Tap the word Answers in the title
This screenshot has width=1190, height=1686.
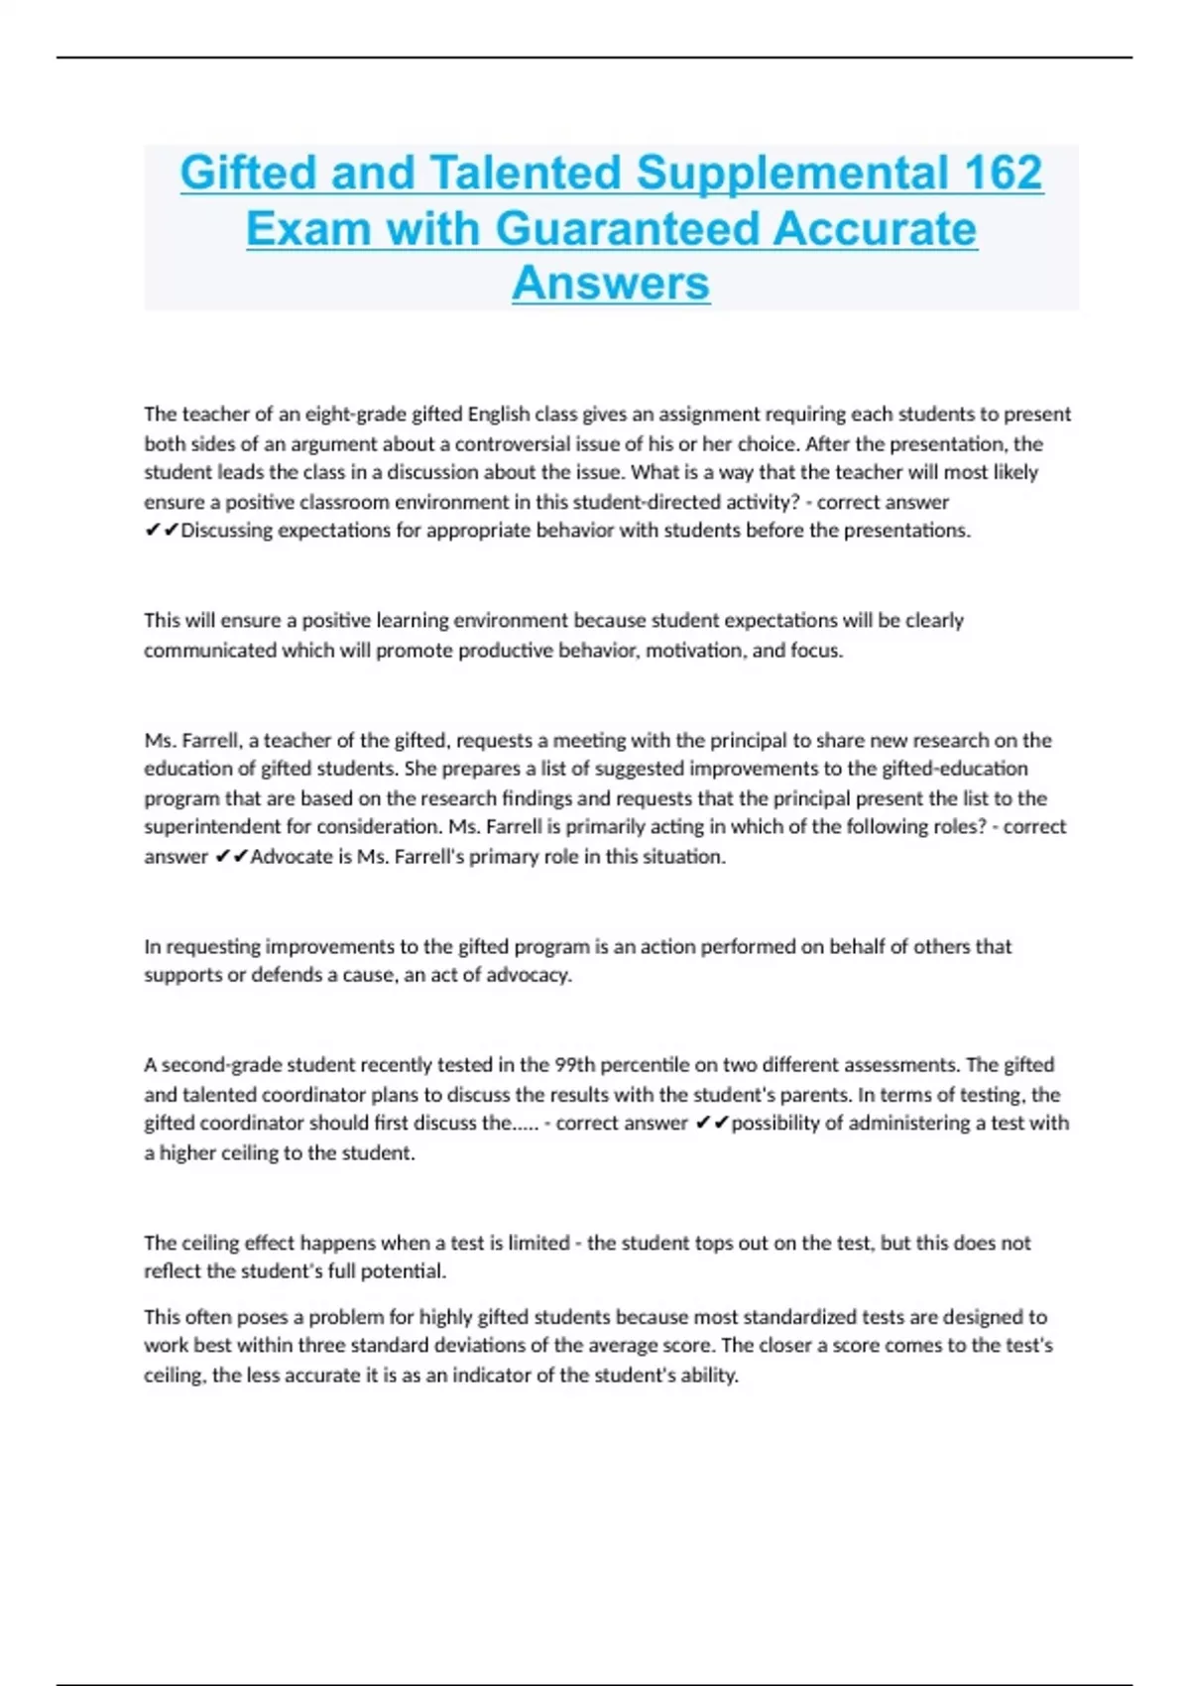(x=611, y=283)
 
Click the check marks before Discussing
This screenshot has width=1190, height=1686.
(x=162, y=531)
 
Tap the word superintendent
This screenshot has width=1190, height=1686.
(x=210, y=827)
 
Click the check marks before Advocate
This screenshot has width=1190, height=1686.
(x=231, y=857)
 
